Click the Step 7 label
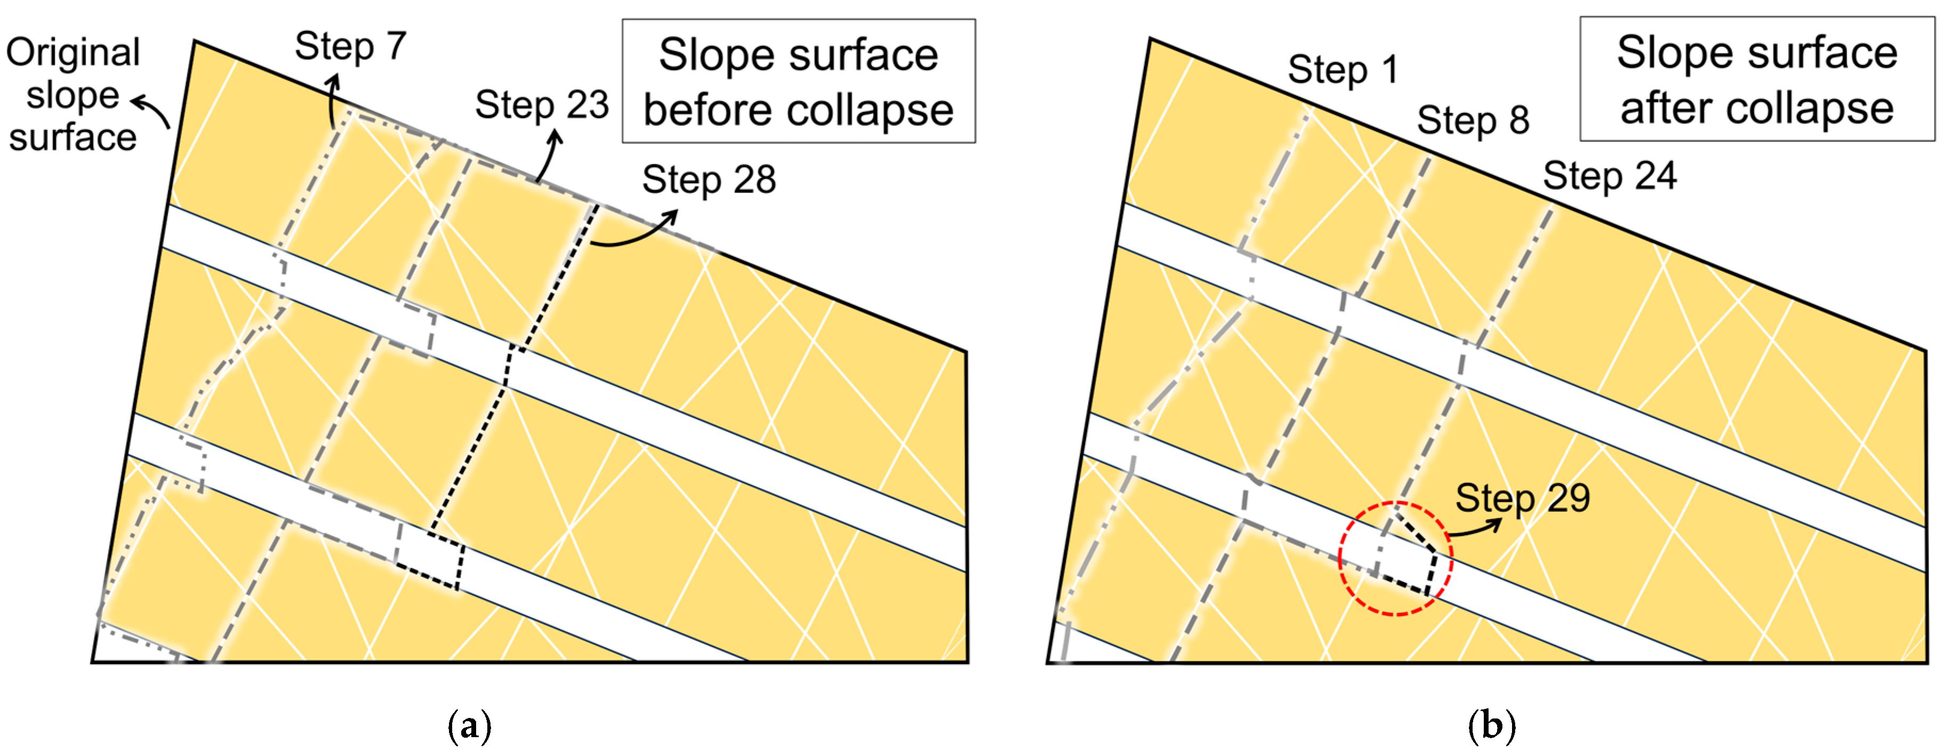350,47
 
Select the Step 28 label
708,180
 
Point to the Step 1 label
1343,70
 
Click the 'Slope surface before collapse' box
798,82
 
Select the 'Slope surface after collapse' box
1756,79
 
